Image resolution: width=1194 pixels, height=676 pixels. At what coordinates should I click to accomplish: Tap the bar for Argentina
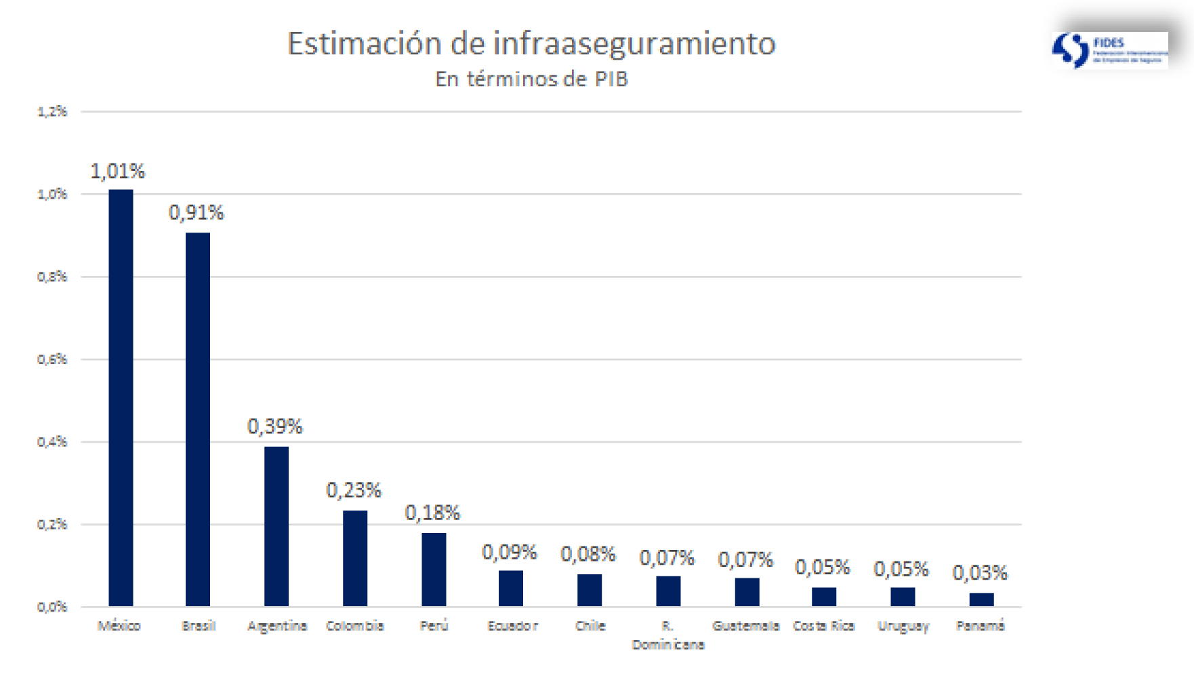click(276, 526)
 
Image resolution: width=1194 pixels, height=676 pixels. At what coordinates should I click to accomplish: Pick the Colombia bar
click(355, 558)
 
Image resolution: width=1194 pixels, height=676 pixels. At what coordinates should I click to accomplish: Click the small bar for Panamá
click(981, 599)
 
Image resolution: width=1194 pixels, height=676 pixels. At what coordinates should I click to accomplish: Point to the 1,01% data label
click(118, 172)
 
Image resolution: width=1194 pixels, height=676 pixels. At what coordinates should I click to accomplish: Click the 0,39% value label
click(275, 426)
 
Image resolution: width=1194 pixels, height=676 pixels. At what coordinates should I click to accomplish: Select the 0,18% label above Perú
click(432, 513)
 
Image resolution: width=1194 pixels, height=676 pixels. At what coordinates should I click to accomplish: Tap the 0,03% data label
click(980, 573)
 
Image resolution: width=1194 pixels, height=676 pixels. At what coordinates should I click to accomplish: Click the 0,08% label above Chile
click(588, 555)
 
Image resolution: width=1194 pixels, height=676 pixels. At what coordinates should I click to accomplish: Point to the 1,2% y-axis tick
click(52, 111)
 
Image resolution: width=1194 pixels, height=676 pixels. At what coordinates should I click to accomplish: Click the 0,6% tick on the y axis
click(52, 359)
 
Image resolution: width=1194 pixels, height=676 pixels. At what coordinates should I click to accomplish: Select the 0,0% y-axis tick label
click(52, 607)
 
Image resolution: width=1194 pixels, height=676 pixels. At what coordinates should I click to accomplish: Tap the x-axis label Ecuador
click(512, 626)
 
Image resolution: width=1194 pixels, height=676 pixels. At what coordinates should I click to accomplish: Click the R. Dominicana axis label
click(668, 635)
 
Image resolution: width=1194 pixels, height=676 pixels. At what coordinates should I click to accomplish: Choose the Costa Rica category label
click(824, 626)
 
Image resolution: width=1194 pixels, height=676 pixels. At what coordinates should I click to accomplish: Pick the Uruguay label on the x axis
click(903, 627)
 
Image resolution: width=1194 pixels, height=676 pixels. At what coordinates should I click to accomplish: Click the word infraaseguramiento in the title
click(634, 44)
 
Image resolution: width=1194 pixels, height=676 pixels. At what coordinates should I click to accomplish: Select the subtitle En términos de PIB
click(532, 79)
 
